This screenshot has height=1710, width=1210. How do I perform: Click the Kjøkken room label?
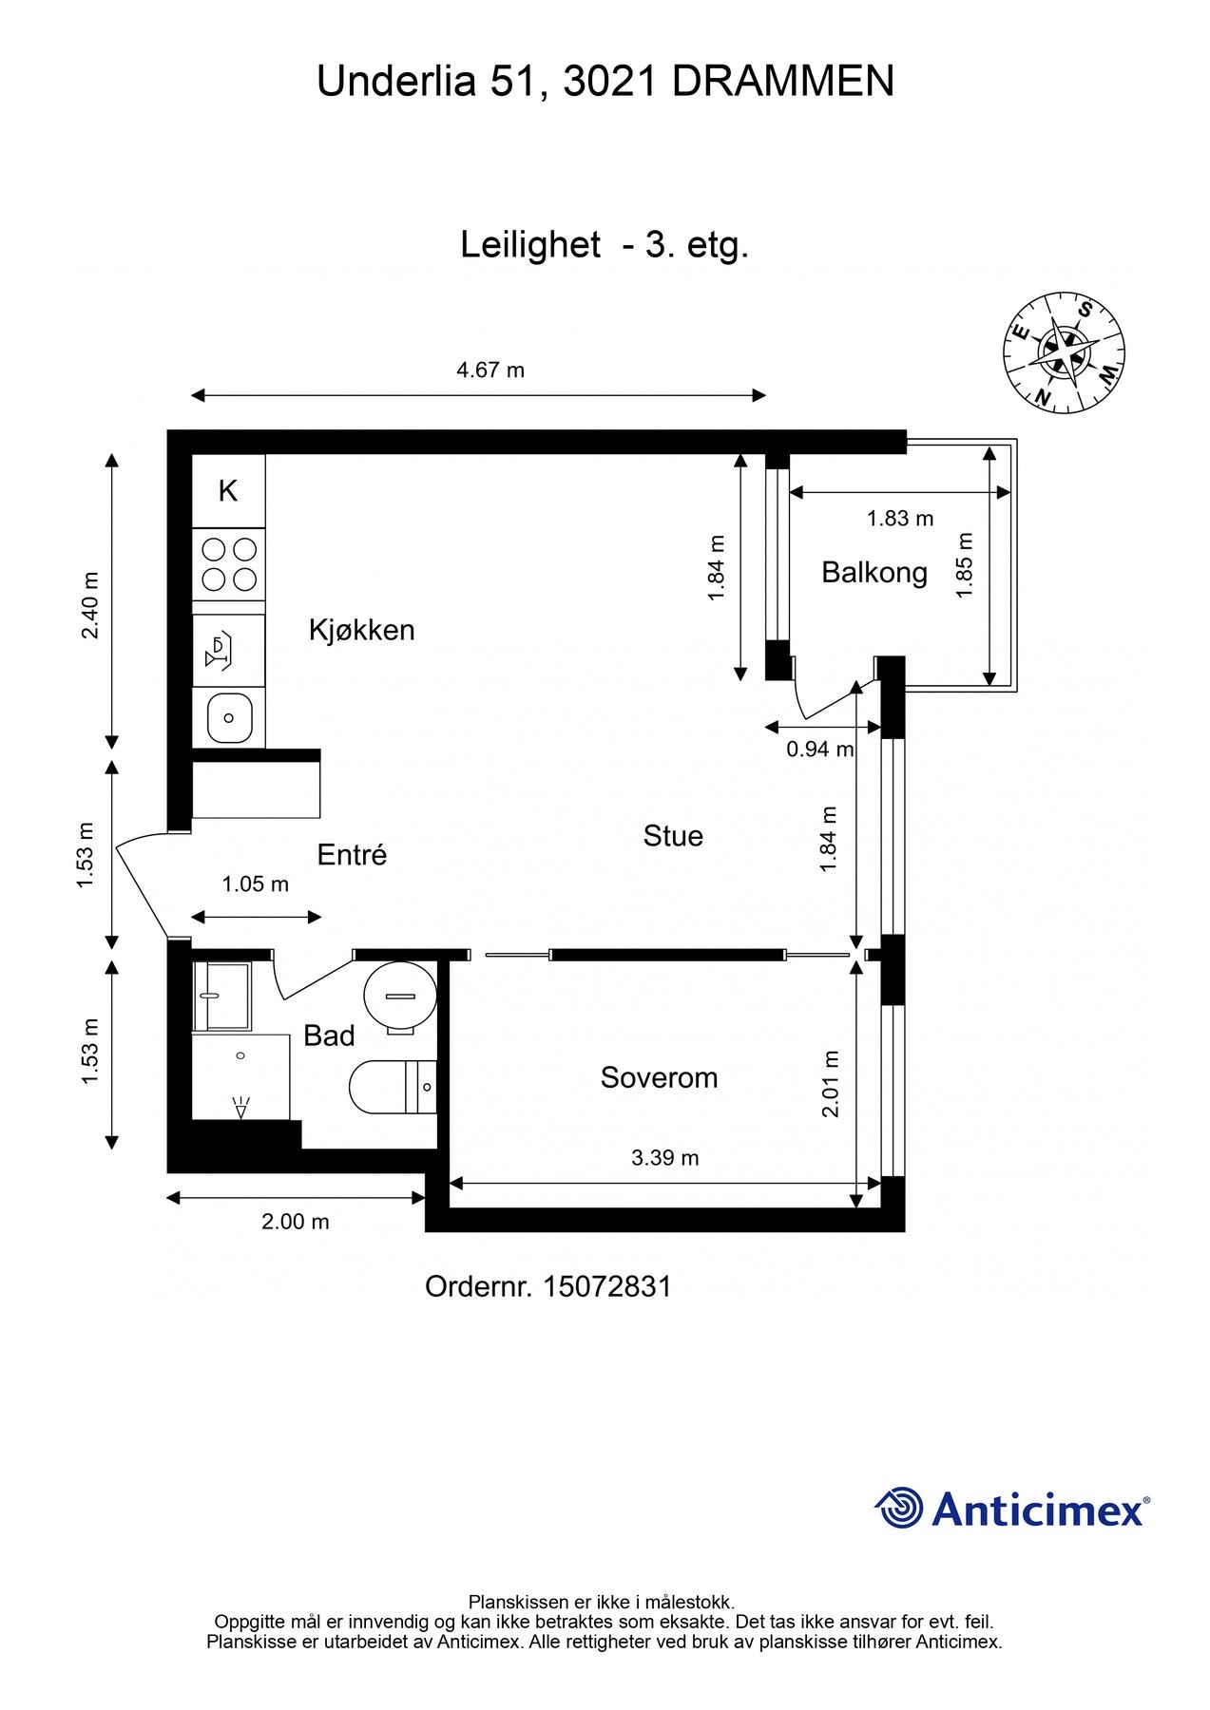361,630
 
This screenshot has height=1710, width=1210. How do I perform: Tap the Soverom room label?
659,1077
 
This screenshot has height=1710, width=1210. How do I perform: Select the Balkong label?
874,573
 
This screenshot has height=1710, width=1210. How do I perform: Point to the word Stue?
673,836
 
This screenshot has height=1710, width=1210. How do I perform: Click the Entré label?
352,855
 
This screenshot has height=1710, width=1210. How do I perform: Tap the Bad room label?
329,1035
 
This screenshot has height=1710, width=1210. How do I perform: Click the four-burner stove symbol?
229,564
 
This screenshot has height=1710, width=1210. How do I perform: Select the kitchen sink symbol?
229,717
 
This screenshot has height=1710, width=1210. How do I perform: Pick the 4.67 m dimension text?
490,370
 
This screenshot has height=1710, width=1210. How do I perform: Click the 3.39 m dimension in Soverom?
664,1157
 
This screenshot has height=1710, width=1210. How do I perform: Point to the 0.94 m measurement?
819,749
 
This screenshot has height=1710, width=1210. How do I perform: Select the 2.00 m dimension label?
295,1222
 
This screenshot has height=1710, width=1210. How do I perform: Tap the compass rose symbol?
1065,353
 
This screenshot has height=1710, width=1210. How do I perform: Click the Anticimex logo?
1012,1509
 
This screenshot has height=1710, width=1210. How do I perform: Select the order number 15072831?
606,1286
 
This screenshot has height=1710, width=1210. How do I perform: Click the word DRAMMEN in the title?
782,82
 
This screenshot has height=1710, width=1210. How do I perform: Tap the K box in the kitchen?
228,491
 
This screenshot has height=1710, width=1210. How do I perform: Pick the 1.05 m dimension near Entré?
255,884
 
